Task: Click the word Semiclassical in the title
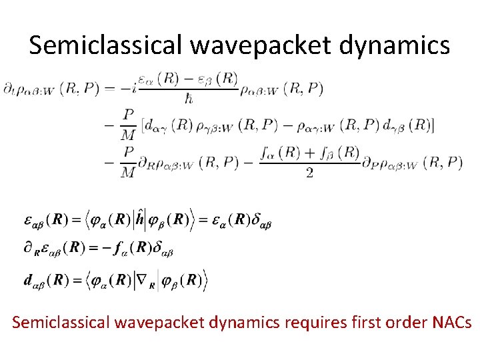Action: pos(103,45)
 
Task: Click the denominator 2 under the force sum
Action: pos(308,173)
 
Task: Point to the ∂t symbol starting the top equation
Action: pos(9,90)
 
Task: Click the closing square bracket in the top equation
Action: pos(433,125)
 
